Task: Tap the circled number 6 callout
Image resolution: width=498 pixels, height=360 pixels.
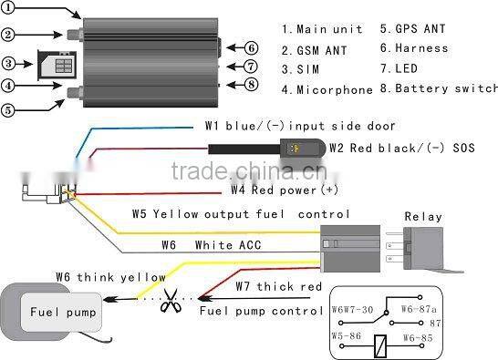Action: click(251, 48)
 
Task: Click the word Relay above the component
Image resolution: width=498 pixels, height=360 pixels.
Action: click(422, 217)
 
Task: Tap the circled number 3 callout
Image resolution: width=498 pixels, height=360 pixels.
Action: click(10, 64)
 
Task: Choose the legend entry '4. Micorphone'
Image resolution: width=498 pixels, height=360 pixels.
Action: click(327, 89)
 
